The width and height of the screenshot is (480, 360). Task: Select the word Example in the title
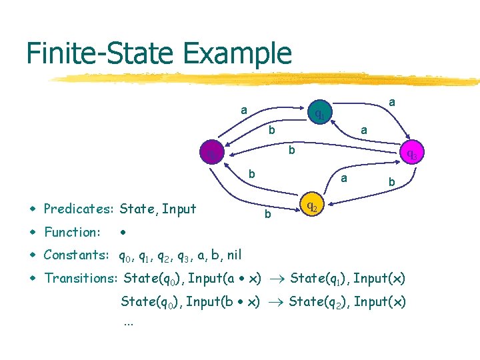pos(239,53)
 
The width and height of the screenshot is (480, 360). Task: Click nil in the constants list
pos(233,255)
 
